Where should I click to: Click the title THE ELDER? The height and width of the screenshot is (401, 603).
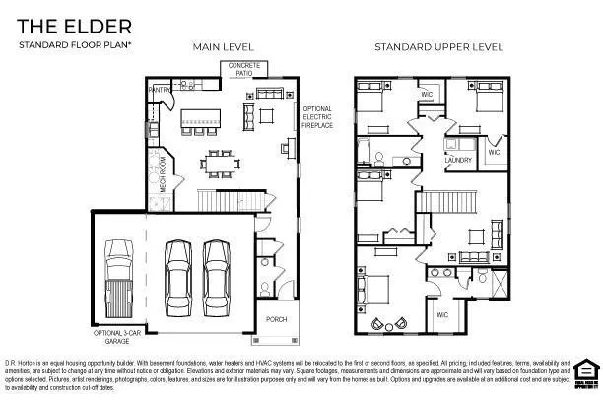coord(60,26)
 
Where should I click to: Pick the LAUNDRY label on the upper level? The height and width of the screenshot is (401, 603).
coord(458,160)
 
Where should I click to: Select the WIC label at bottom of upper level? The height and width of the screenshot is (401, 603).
coord(442,315)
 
